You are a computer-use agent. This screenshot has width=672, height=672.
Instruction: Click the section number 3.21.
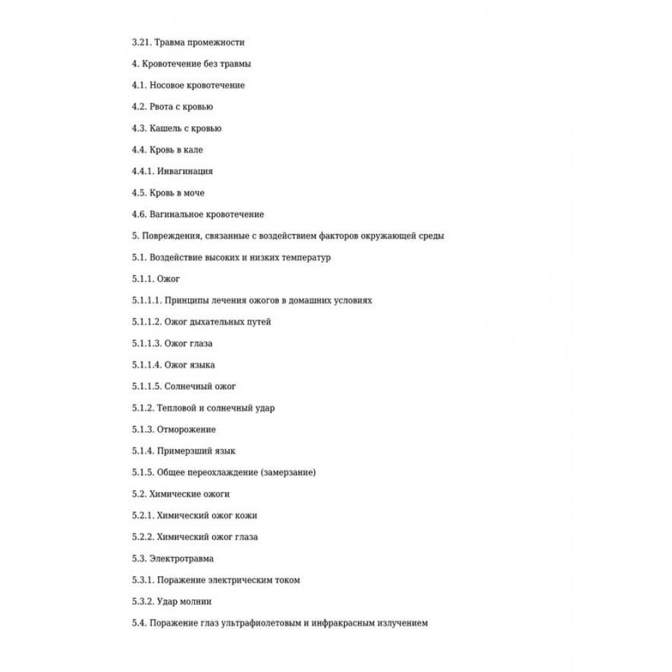coord(141,42)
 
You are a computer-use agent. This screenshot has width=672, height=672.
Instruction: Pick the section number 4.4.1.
coord(144,171)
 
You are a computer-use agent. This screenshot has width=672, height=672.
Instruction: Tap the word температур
coord(304,257)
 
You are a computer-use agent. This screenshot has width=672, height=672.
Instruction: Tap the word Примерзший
coord(185,451)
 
